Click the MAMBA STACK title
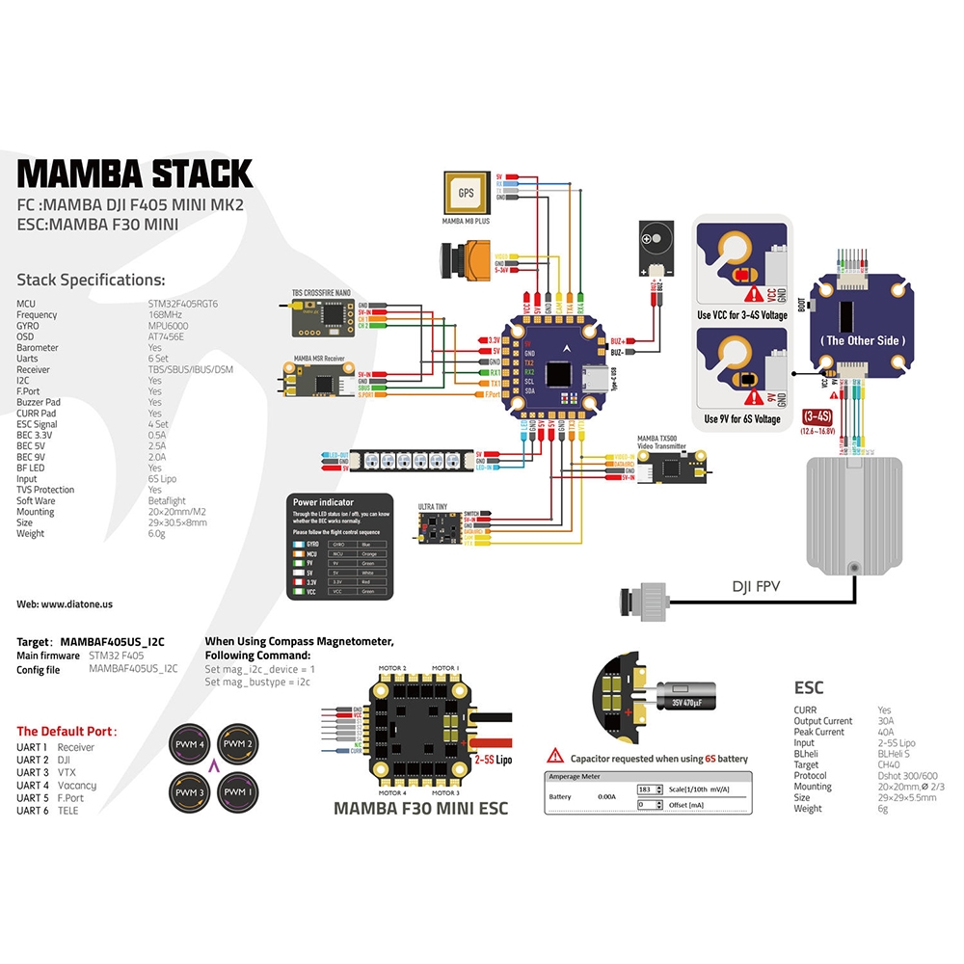135,173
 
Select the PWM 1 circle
237,791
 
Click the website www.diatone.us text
65,603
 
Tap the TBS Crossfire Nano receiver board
323,315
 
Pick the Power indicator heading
322,502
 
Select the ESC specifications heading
808,688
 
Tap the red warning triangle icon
555,758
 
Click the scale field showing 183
650,790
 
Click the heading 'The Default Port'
67,731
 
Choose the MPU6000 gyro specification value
170,326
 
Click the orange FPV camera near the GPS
462,257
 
